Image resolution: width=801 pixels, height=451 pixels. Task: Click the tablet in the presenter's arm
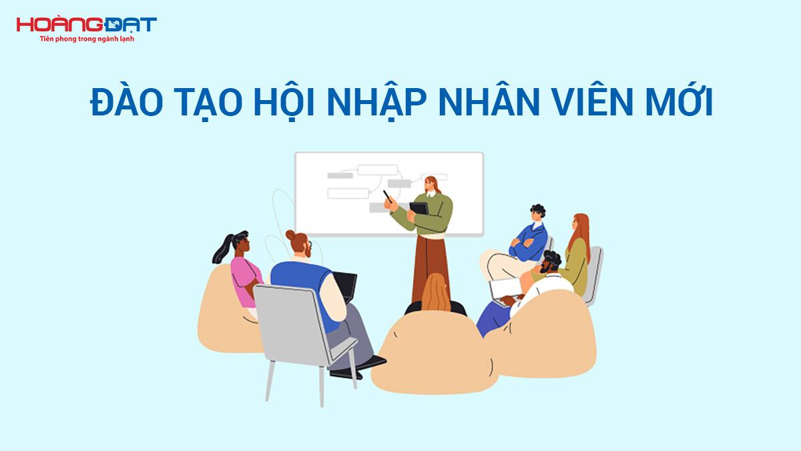pos(419,209)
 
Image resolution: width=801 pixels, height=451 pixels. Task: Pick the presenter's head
pos(431,185)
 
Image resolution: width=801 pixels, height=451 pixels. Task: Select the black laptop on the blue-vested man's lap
pos(346,285)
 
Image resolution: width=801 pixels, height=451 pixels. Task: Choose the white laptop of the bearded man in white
pos(502,289)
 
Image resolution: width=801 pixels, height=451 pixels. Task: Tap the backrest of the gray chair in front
pos(288,320)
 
